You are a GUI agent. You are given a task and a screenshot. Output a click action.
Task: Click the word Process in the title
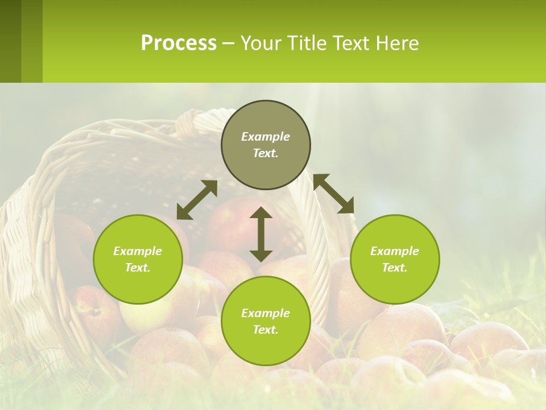click(179, 43)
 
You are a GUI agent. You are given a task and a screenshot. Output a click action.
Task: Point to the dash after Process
click(228, 44)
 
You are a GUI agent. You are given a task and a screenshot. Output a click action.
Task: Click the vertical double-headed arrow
click(261, 234)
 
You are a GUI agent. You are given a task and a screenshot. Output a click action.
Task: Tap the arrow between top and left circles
click(197, 200)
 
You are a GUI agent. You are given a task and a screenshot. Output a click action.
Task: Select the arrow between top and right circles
click(334, 194)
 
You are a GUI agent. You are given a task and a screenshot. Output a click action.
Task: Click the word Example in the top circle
click(266, 137)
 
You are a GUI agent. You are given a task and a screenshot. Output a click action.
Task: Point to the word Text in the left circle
click(138, 268)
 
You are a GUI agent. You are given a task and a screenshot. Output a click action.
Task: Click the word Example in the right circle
click(395, 251)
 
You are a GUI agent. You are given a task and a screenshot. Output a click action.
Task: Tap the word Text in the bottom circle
click(266, 330)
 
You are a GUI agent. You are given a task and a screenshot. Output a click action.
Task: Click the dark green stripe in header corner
click(10, 41)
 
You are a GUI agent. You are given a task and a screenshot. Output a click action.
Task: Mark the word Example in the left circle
click(138, 251)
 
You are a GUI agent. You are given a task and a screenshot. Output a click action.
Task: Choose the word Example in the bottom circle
click(266, 313)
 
